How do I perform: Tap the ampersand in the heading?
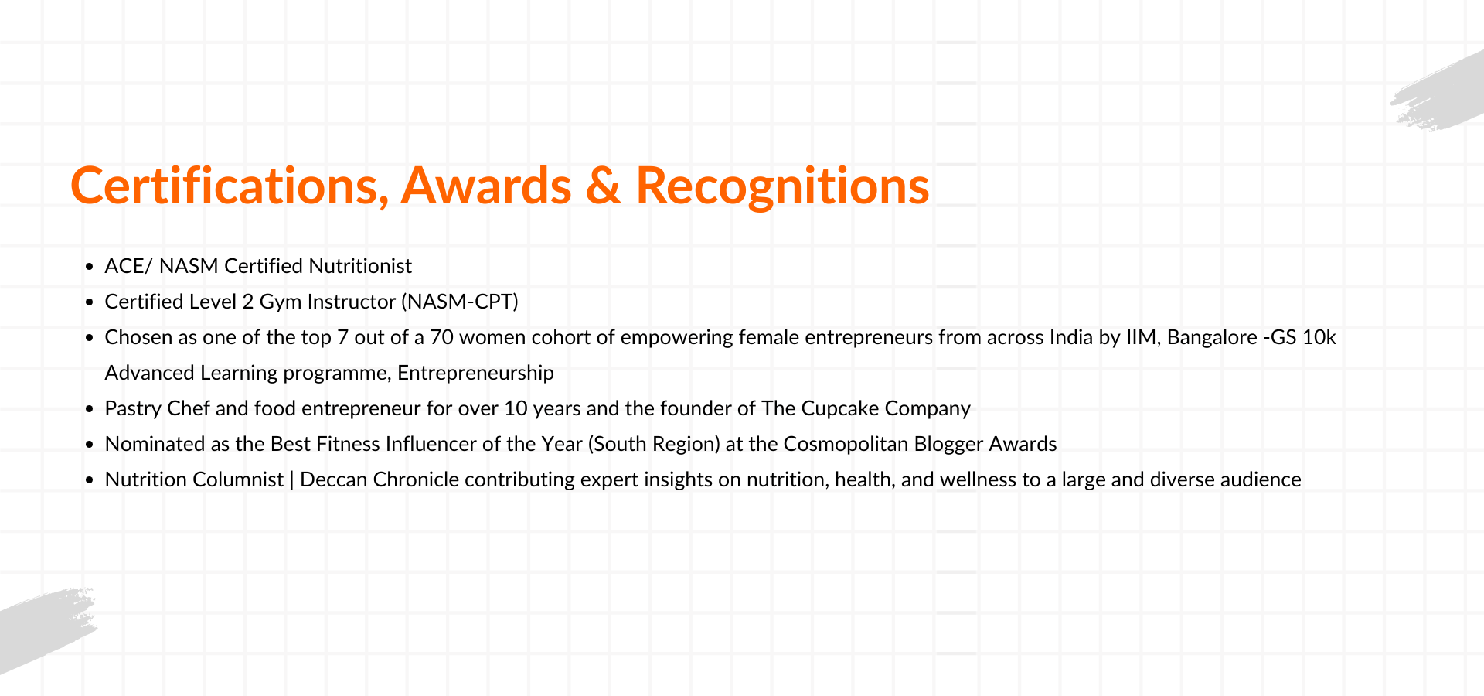604,186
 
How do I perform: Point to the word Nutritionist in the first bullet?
360,266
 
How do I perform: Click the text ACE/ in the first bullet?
129,266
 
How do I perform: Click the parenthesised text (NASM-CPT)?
460,302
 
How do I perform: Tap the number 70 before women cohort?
441,337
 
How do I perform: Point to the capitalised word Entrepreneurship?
475,374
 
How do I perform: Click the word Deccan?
334,479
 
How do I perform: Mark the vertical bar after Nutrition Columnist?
291,480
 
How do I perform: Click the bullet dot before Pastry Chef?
89,409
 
